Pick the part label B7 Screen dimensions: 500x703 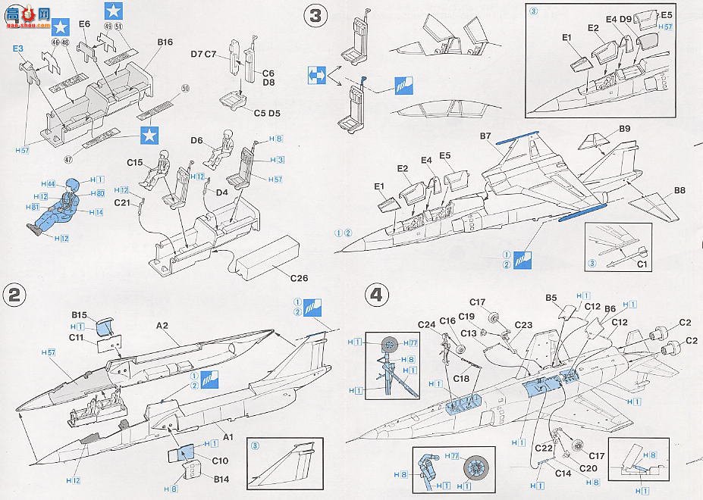(x=487, y=136)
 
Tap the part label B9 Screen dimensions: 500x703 (x=625, y=129)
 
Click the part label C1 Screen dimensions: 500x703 (x=642, y=264)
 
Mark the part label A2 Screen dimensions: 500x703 (x=162, y=325)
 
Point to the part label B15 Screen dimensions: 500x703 (x=80, y=315)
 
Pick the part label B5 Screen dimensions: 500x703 (x=551, y=298)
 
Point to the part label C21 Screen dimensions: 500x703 (x=124, y=202)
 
